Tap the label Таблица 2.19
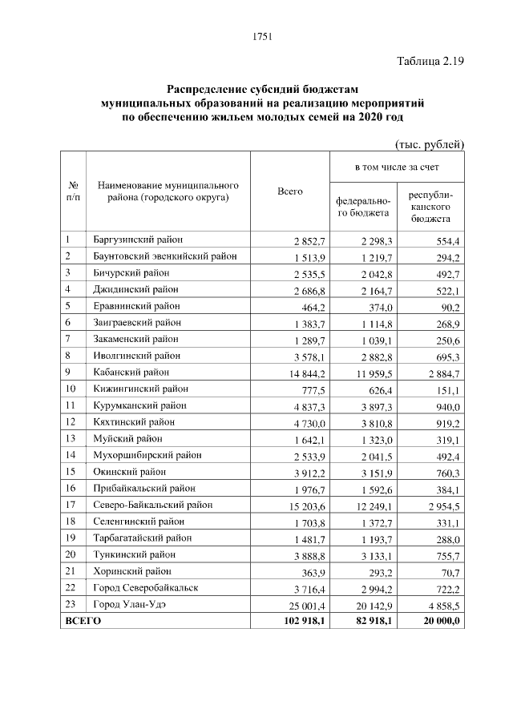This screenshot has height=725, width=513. click(x=430, y=61)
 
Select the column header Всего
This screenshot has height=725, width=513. click(x=289, y=191)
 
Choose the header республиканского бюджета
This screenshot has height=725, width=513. click(x=430, y=207)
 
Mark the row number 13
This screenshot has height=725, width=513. click(x=70, y=438)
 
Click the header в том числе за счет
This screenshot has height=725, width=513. click(x=397, y=168)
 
